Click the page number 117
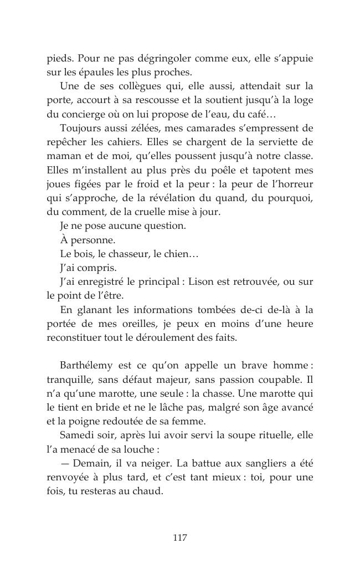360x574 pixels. [x=179, y=537]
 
